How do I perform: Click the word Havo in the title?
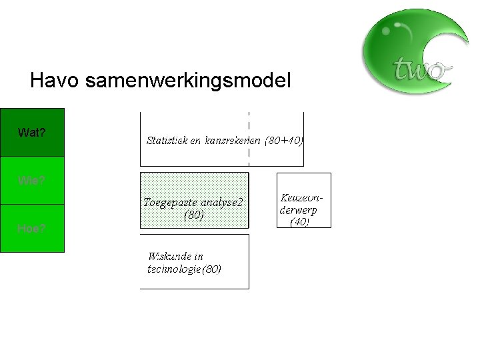(x=53, y=81)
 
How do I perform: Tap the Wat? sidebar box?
(x=32, y=132)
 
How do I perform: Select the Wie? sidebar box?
(x=32, y=180)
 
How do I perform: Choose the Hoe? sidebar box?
(x=32, y=228)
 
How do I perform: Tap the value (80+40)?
(x=285, y=141)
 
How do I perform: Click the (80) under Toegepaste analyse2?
(x=194, y=215)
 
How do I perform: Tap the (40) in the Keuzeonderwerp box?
(x=299, y=222)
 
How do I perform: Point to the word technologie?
(x=173, y=269)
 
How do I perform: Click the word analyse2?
(x=222, y=202)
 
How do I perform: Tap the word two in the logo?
(x=419, y=68)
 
